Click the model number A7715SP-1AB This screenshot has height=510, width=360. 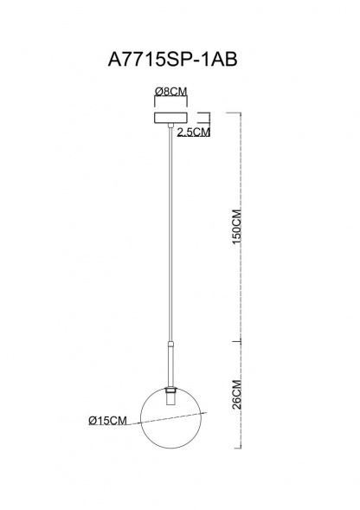[172, 60]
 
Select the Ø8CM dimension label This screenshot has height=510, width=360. [171, 92]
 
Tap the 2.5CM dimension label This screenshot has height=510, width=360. [194, 132]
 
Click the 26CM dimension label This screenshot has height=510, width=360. [237, 394]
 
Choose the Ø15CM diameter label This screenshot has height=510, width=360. [107, 421]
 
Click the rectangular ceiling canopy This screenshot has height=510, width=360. [171, 118]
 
